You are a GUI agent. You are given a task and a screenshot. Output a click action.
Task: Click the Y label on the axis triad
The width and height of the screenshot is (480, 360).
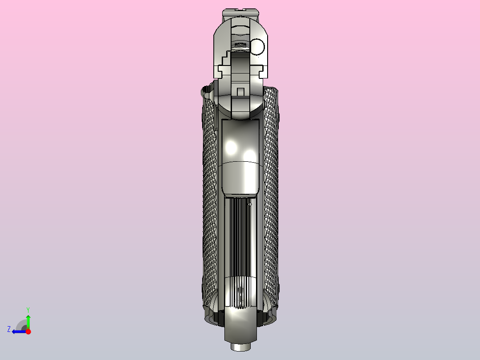pos(28,310)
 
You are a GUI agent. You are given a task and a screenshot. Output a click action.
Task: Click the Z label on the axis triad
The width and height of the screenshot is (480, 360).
pos(9,329)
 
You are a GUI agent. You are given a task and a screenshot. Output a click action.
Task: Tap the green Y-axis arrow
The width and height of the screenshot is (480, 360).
pos(28,321)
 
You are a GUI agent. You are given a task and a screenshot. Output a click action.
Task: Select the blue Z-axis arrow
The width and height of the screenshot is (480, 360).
pos(19,331)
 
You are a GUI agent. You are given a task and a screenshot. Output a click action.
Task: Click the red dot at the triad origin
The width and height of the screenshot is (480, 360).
pos(28,331)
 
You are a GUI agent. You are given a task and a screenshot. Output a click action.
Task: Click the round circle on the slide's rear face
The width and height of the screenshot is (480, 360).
pos(257,47)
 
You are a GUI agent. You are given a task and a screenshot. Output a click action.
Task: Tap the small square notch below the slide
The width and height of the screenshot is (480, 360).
pos(240,91)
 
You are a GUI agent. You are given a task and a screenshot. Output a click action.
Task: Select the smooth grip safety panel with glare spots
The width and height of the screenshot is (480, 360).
pos(240,157)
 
